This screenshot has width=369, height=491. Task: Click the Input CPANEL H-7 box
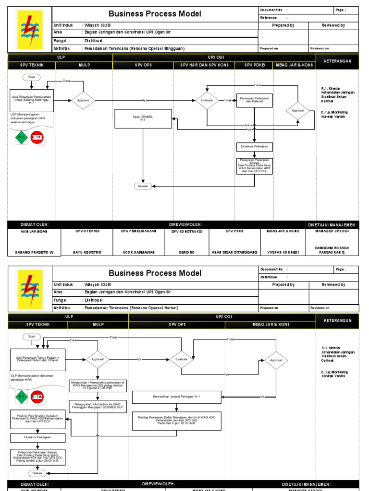143,118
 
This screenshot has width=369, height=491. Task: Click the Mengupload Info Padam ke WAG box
98,406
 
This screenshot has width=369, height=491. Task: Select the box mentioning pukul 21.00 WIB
98,386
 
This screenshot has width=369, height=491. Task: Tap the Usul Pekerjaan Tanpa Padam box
38,360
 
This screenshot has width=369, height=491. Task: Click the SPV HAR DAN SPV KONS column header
204,65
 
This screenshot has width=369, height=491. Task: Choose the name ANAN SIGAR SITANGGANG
235,252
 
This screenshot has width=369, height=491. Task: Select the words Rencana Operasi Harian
159,307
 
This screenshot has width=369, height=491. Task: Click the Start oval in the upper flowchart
31,77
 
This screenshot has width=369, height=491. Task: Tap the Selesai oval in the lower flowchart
37,473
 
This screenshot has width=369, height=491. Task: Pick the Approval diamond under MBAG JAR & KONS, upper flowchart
298,110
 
